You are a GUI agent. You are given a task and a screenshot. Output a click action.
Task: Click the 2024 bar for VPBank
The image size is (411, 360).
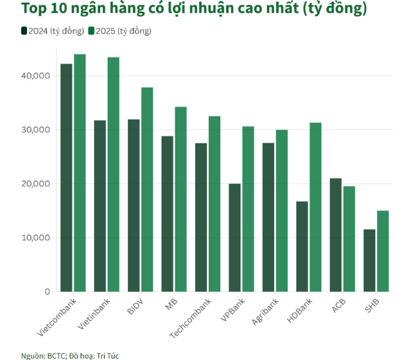(234, 237)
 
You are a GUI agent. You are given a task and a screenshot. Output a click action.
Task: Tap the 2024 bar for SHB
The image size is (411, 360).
(369, 260)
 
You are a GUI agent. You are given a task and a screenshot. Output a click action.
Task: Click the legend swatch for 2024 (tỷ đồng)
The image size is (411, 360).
(24, 31)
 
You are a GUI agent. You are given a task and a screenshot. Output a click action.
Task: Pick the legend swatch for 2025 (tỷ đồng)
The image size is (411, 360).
(91, 31)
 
